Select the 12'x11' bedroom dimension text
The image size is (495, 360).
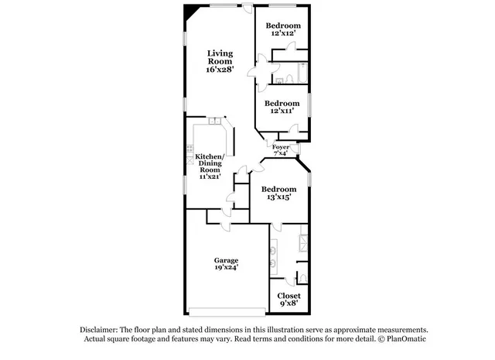[282, 111]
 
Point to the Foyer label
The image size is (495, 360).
[280, 146]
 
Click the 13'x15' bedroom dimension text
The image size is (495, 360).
[278, 198]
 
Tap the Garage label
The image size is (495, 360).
[226, 260]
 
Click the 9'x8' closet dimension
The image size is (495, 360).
[288, 304]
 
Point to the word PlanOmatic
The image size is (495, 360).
[406, 339]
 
